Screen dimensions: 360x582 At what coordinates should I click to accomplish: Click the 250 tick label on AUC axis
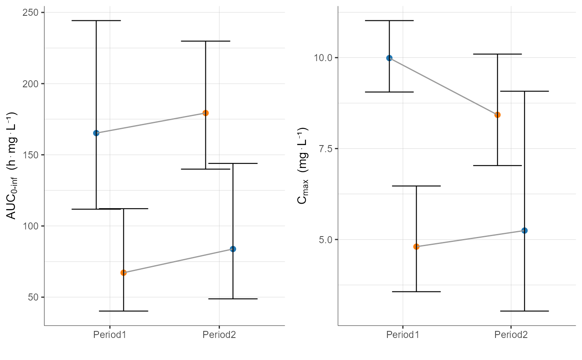[x=32, y=12]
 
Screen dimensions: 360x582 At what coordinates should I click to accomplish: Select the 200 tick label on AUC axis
[x=32, y=84]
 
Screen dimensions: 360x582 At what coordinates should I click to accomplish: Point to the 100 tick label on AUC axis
[x=32, y=226]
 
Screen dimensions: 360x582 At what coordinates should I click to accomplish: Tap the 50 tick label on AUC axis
[x=35, y=297]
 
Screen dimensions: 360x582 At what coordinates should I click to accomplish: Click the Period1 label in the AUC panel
[x=110, y=335]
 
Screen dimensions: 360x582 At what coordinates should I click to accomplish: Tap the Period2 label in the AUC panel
[x=219, y=335]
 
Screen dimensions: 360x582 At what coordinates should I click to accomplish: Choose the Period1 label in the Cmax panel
[x=403, y=335]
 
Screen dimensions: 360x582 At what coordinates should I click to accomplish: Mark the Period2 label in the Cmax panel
[x=511, y=335]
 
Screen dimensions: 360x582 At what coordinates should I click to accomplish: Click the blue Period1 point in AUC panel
[x=96, y=133]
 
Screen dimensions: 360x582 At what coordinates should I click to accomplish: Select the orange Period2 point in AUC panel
[x=205, y=113]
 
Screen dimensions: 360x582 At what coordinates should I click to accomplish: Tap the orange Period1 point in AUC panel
[x=123, y=273]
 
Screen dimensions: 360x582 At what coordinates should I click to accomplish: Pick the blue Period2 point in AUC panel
[x=233, y=249]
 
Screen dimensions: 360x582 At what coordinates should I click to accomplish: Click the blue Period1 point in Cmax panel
[x=389, y=58]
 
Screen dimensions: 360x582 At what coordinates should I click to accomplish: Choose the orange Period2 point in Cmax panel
[x=497, y=115]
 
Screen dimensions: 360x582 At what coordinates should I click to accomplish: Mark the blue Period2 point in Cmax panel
[x=525, y=230]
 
